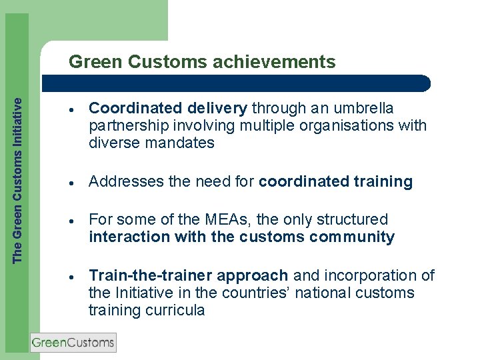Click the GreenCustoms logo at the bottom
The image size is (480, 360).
coord(73,343)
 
